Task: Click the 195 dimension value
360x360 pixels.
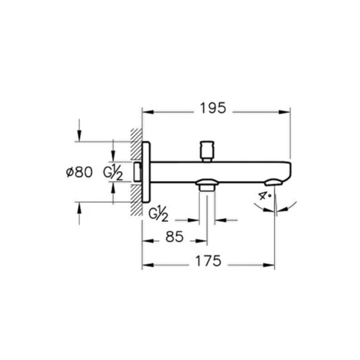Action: click(213, 108)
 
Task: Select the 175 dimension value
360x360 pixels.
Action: click(208, 261)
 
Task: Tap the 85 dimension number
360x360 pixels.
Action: click(175, 237)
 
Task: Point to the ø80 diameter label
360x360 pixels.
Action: click(79, 172)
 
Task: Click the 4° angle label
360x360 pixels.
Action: click(263, 195)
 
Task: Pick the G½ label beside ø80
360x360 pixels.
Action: click(113, 173)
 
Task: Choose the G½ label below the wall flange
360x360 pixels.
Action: click(158, 215)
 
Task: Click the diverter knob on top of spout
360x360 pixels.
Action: click(207, 151)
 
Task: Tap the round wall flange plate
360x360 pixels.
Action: click(146, 172)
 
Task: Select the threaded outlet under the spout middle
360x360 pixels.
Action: click(207, 185)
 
